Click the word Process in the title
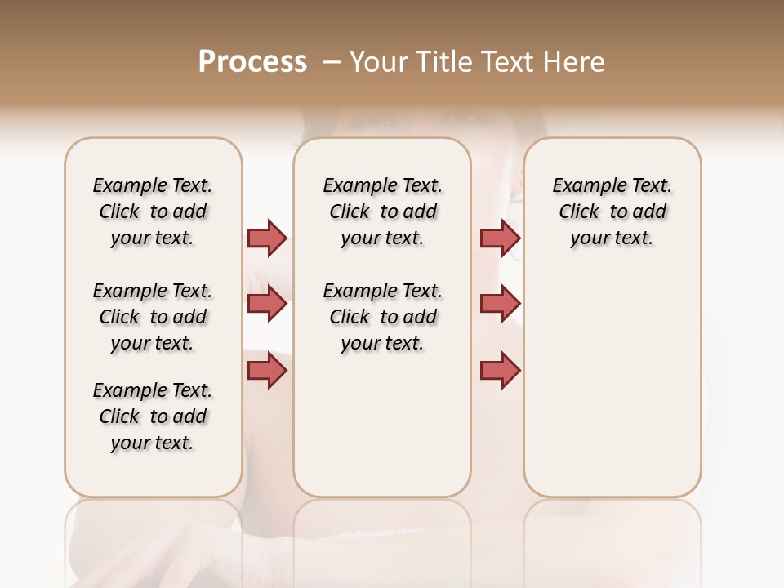[252, 62]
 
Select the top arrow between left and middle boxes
[267, 238]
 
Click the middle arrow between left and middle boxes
[267, 304]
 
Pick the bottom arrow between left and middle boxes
[267, 371]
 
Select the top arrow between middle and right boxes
[500, 238]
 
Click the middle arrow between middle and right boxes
[500, 304]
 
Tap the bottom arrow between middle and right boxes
[500, 371]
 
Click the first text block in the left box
[153, 212]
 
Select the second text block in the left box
[153, 317]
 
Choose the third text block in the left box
[153, 416]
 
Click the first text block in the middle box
[382, 212]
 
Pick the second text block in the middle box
[382, 317]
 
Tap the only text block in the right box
[612, 212]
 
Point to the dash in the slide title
[332, 62]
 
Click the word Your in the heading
[379, 62]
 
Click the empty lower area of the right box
[612, 392]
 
